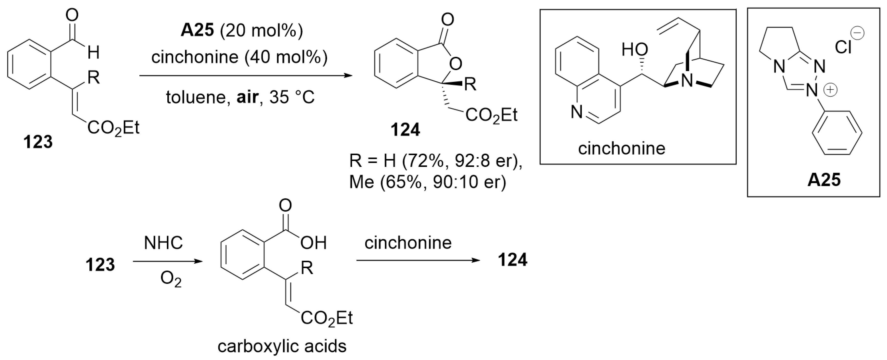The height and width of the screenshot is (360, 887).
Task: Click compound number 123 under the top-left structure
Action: (38, 142)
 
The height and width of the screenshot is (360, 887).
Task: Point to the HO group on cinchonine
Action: (635, 50)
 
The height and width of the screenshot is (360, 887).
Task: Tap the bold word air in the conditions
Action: (247, 97)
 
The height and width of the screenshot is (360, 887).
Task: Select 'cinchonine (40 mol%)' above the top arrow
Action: (239, 57)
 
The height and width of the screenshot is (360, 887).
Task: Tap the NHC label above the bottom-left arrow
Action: (163, 243)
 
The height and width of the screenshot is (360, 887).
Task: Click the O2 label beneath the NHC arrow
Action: (171, 279)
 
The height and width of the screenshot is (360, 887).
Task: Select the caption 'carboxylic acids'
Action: (282, 346)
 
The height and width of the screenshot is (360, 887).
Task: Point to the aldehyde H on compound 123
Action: (93, 53)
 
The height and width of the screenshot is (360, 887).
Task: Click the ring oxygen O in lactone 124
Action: (456, 63)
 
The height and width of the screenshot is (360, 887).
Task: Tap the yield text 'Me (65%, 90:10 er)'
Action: (428, 182)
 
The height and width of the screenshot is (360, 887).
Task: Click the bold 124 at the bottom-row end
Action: (512, 260)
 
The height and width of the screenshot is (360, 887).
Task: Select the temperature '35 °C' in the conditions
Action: (292, 97)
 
